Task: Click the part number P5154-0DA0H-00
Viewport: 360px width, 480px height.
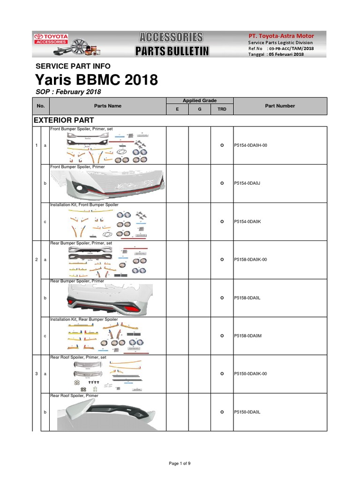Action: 251,145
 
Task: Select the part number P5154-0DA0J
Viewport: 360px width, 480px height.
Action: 247,183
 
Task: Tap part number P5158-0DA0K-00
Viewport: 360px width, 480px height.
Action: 251,260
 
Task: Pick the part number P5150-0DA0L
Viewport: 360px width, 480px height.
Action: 247,412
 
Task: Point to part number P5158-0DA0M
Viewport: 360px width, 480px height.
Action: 247,336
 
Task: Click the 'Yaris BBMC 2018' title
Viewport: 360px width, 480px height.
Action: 97,80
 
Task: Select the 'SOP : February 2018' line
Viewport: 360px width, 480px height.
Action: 68,92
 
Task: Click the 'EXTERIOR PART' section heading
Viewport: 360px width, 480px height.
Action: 64,120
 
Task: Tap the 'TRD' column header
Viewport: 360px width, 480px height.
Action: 222,109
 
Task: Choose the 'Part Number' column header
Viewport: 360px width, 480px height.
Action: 280,106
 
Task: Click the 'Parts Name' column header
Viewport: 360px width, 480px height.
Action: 108,106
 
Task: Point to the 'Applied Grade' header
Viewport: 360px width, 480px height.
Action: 199,101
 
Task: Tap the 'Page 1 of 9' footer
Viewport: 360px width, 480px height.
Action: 180,464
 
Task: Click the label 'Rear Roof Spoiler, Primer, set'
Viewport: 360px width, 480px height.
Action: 78,357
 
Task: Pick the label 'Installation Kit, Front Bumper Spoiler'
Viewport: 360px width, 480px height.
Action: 84,205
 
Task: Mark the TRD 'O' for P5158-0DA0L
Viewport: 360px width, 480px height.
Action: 222,298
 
